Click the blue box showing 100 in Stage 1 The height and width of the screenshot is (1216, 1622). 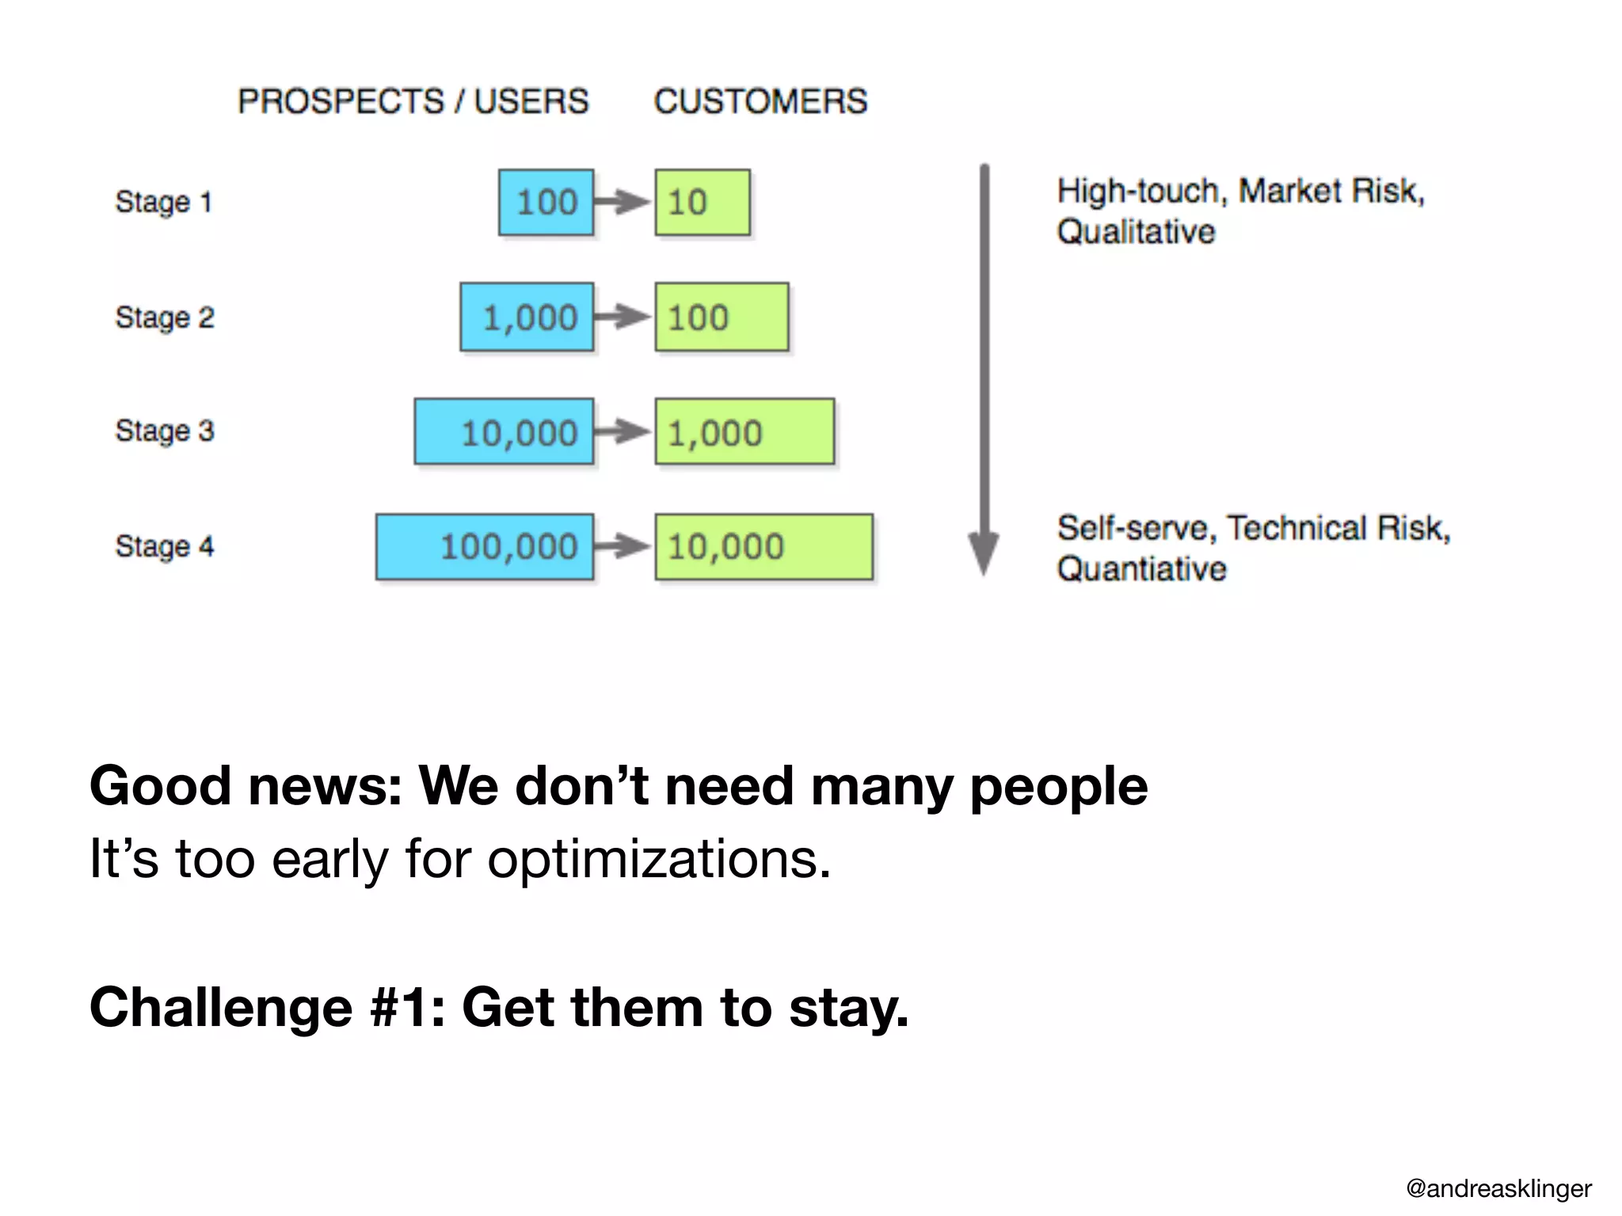546,202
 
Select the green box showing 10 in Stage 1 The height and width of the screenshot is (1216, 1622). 702,202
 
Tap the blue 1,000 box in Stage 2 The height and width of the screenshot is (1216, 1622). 527,317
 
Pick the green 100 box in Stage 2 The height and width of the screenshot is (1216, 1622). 721,317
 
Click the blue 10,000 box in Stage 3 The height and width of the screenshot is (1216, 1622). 504,431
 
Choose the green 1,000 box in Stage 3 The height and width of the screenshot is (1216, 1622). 744,431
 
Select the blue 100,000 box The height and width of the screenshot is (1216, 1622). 485,546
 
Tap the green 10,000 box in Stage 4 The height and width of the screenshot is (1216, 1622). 763,546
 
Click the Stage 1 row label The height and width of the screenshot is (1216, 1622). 164,202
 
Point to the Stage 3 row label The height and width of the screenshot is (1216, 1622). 164,431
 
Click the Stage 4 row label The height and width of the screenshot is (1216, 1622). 164,546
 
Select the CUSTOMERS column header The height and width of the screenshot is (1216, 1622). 760,101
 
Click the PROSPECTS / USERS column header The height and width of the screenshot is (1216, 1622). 413,101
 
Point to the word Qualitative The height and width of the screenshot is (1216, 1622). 1136,232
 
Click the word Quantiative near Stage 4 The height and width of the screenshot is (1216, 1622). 1141,569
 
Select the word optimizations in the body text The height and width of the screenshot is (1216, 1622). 658,859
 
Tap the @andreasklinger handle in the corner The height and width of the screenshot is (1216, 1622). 1498,1188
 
